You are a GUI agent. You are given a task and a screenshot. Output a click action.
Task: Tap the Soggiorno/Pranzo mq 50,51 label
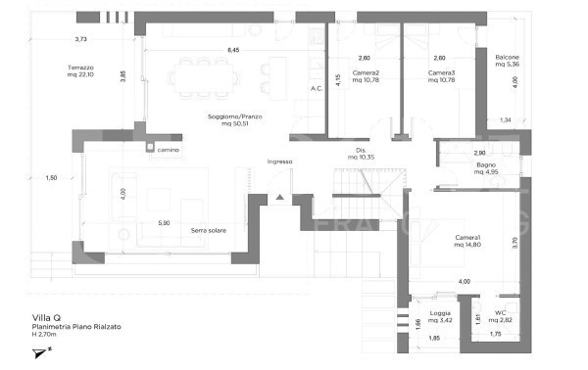click(233, 120)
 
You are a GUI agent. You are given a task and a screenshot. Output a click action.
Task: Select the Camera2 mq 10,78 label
click(365, 76)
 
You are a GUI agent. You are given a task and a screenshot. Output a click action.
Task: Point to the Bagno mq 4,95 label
click(487, 168)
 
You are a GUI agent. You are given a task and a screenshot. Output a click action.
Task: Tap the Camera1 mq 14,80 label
click(466, 242)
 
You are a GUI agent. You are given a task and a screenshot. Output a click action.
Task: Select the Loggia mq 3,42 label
click(440, 317)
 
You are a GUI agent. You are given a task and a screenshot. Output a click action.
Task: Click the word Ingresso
click(280, 162)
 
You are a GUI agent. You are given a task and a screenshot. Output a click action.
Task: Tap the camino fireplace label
click(170, 150)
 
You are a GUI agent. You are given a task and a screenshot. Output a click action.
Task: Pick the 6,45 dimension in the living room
click(233, 49)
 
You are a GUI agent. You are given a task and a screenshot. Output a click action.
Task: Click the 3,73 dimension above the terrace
click(81, 39)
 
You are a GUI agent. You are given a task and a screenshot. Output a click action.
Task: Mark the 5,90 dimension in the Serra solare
click(165, 223)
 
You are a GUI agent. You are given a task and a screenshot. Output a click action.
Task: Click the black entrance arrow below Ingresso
click(279, 198)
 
